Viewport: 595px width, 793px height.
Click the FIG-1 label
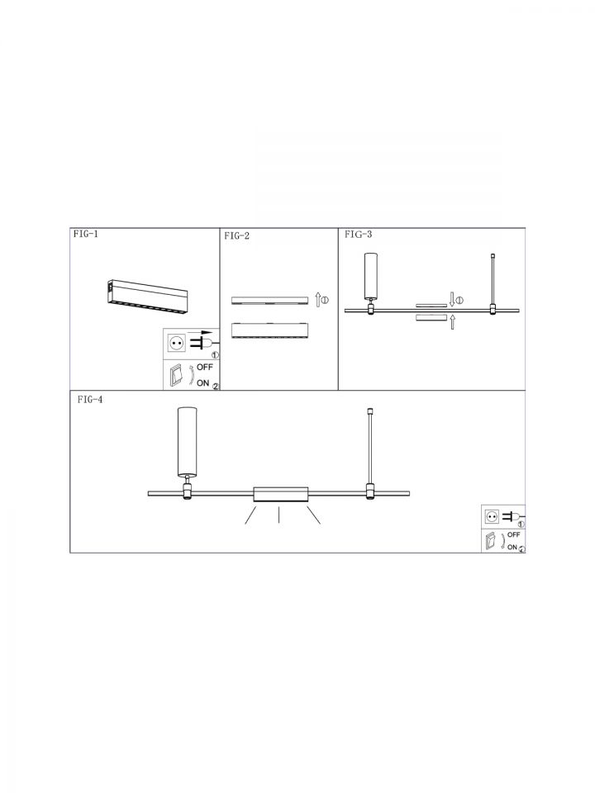[x=85, y=234]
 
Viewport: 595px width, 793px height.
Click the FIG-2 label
[x=237, y=235]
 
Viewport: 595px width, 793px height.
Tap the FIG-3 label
[x=358, y=234]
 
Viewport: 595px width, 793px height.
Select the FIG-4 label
[x=90, y=400]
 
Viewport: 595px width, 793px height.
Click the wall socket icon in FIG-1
[x=177, y=344]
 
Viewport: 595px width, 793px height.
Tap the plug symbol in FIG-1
[x=202, y=342]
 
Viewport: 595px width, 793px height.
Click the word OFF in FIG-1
[x=205, y=367]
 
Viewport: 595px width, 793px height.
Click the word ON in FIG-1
[x=203, y=382]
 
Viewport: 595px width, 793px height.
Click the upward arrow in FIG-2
[x=317, y=299]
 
